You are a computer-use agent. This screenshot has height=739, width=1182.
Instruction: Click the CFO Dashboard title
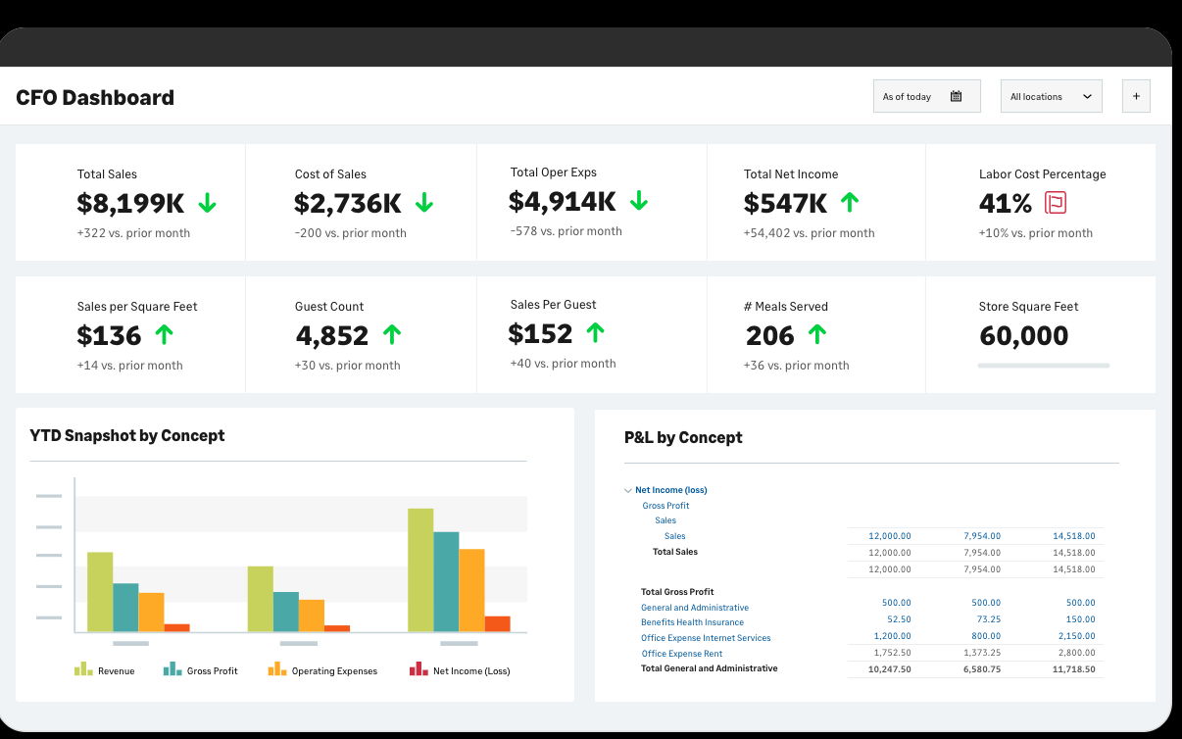click(95, 97)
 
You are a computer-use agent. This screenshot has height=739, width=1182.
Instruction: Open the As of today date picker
click(926, 96)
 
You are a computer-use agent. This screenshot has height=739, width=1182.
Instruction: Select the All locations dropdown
click(1051, 96)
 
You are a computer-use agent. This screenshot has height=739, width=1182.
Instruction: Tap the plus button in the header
click(1136, 96)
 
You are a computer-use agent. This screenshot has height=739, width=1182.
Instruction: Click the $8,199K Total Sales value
click(130, 203)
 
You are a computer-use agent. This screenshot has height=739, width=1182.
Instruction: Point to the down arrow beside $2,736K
click(424, 203)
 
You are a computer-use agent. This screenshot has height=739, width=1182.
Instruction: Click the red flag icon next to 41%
click(1056, 203)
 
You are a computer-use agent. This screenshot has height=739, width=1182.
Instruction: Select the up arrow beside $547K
click(850, 203)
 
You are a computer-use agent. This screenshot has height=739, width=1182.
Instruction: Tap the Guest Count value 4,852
click(332, 335)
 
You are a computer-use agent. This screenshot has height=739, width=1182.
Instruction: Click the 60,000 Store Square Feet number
click(1023, 335)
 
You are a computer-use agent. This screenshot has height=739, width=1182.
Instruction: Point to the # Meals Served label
click(785, 307)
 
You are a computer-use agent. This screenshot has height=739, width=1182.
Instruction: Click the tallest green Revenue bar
click(420, 569)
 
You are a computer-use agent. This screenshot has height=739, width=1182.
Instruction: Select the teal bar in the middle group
click(285, 611)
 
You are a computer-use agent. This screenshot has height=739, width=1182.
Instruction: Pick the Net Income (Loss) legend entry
click(460, 670)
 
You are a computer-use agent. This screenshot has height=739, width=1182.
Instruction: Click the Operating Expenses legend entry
click(322, 670)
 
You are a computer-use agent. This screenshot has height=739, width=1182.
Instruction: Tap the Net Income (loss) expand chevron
click(628, 490)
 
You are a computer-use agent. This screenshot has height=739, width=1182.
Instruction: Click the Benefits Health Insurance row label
click(692, 622)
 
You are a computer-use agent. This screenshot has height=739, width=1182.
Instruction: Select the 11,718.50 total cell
click(1074, 668)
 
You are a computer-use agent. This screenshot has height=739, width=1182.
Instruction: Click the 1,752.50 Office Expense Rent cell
click(891, 653)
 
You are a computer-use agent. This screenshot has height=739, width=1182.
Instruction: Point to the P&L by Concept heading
click(683, 437)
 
